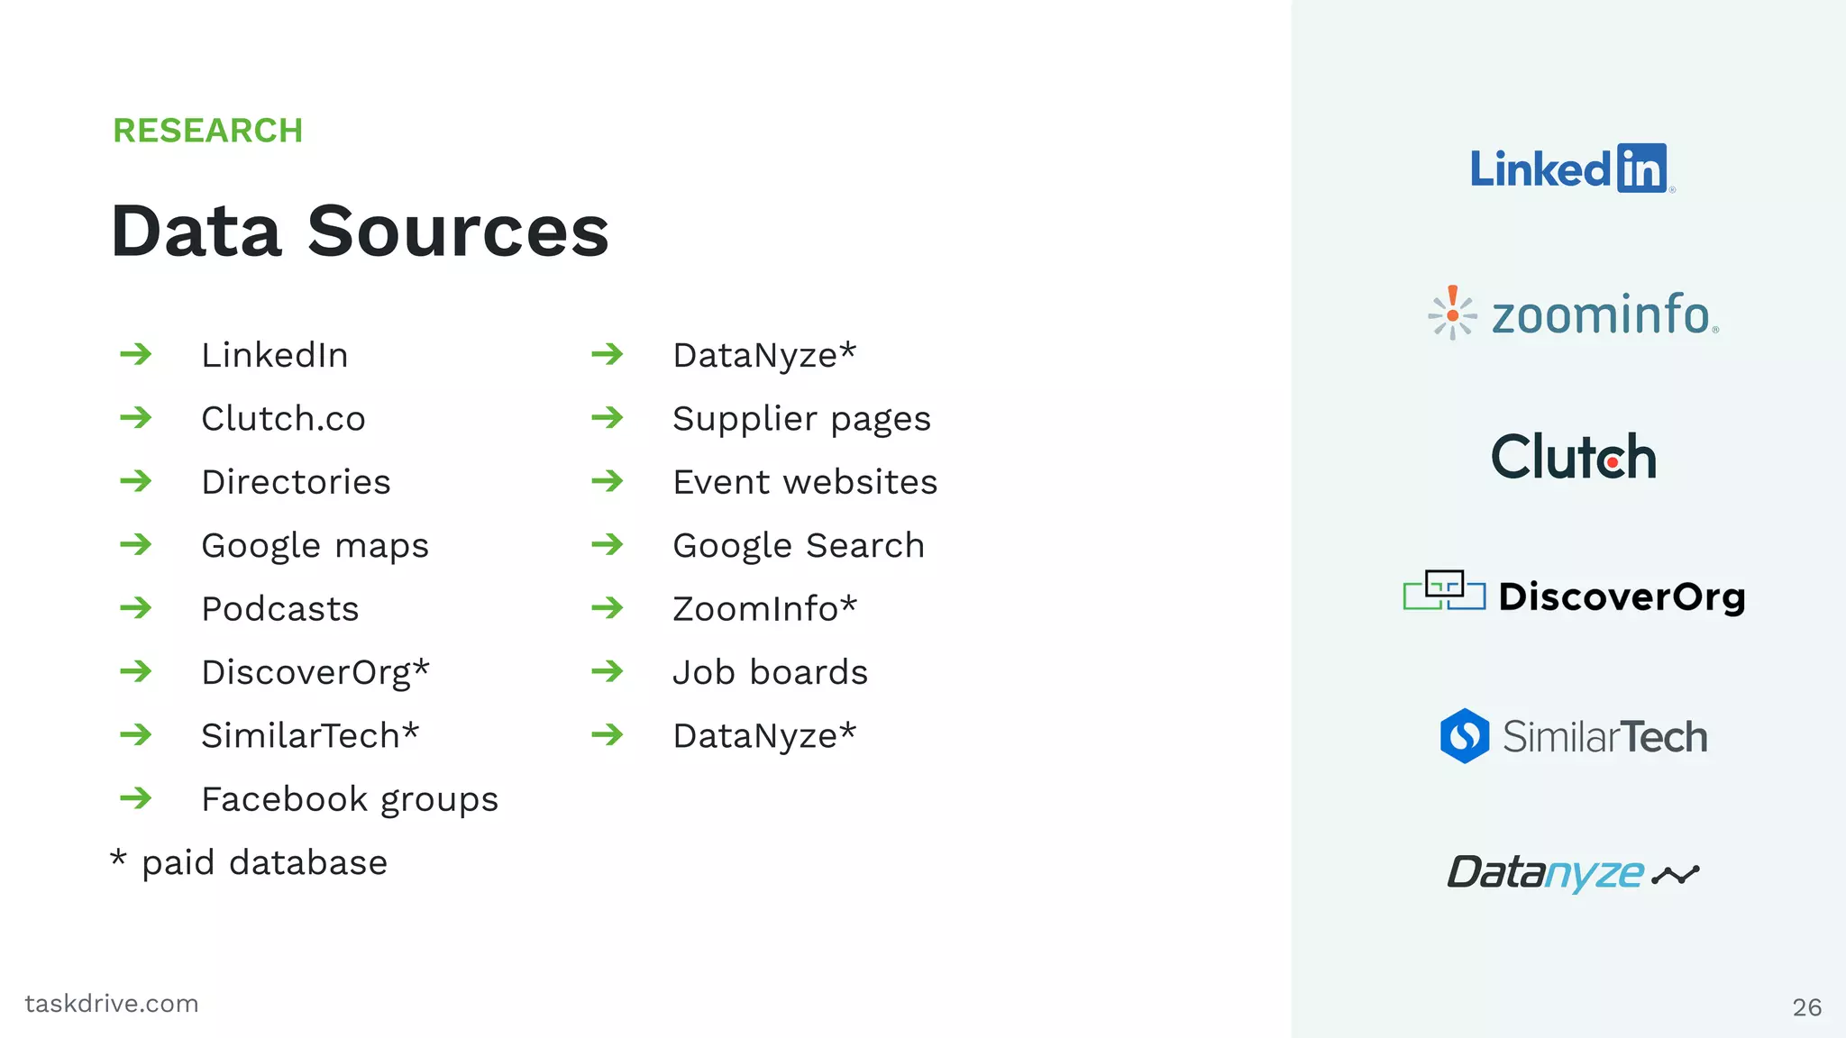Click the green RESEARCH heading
click(x=207, y=131)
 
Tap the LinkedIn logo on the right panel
click(x=1571, y=168)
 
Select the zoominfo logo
click(x=1574, y=314)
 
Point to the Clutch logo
click(x=1574, y=457)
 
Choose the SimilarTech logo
click(x=1574, y=736)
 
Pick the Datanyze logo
click(x=1573, y=872)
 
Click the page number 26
click(x=1806, y=1007)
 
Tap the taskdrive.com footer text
click(x=112, y=1004)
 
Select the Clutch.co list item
click(x=283, y=419)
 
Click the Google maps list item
click(x=315, y=546)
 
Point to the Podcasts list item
click(x=280, y=609)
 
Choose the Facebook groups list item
click(x=350, y=799)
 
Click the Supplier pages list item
click(x=801, y=419)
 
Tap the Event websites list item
click(x=805, y=482)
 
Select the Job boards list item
click(x=770, y=672)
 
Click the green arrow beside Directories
click(x=136, y=481)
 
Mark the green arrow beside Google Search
click(x=608, y=544)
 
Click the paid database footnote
click(x=250, y=862)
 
